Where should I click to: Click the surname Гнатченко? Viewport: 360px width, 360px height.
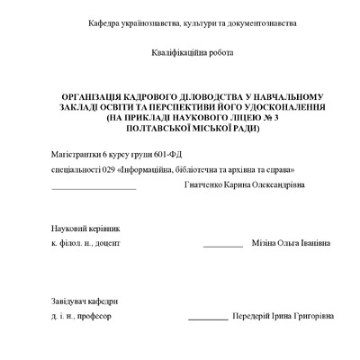click(x=204, y=185)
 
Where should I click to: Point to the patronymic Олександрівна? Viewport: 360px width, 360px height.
click(x=277, y=185)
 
